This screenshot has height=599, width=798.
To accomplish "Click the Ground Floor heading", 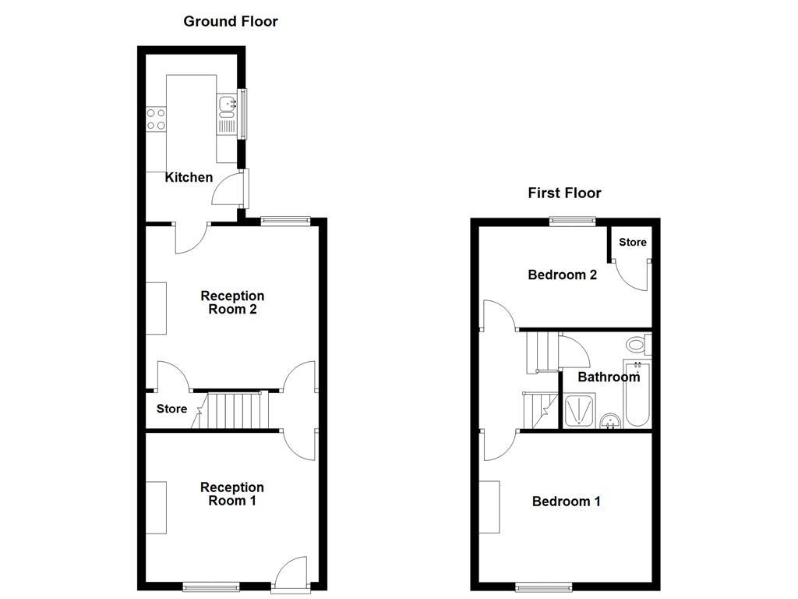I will [231, 21].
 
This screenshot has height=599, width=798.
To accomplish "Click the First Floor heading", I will [564, 193].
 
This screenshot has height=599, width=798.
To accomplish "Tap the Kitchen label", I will [189, 177].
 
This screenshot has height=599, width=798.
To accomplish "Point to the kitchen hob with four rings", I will [156, 119].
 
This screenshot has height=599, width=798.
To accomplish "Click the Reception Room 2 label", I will [232, 303].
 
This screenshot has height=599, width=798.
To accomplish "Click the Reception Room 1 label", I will [232, 494].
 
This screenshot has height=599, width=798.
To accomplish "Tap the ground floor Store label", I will [171, 409].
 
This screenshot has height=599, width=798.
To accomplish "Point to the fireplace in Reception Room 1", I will [156, 508].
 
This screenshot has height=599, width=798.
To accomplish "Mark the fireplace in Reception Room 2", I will [156, 308].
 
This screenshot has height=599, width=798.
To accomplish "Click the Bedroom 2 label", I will [562, 275].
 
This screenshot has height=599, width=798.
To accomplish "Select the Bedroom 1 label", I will [566, 502].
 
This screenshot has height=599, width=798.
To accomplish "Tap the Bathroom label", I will [608, 377].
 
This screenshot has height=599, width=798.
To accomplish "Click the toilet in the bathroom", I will [637, 343].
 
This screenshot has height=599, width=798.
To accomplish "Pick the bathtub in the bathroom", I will [637, 394].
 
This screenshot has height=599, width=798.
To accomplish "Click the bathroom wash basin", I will [610, 420].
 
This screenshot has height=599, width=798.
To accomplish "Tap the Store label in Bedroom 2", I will [632, 243].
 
